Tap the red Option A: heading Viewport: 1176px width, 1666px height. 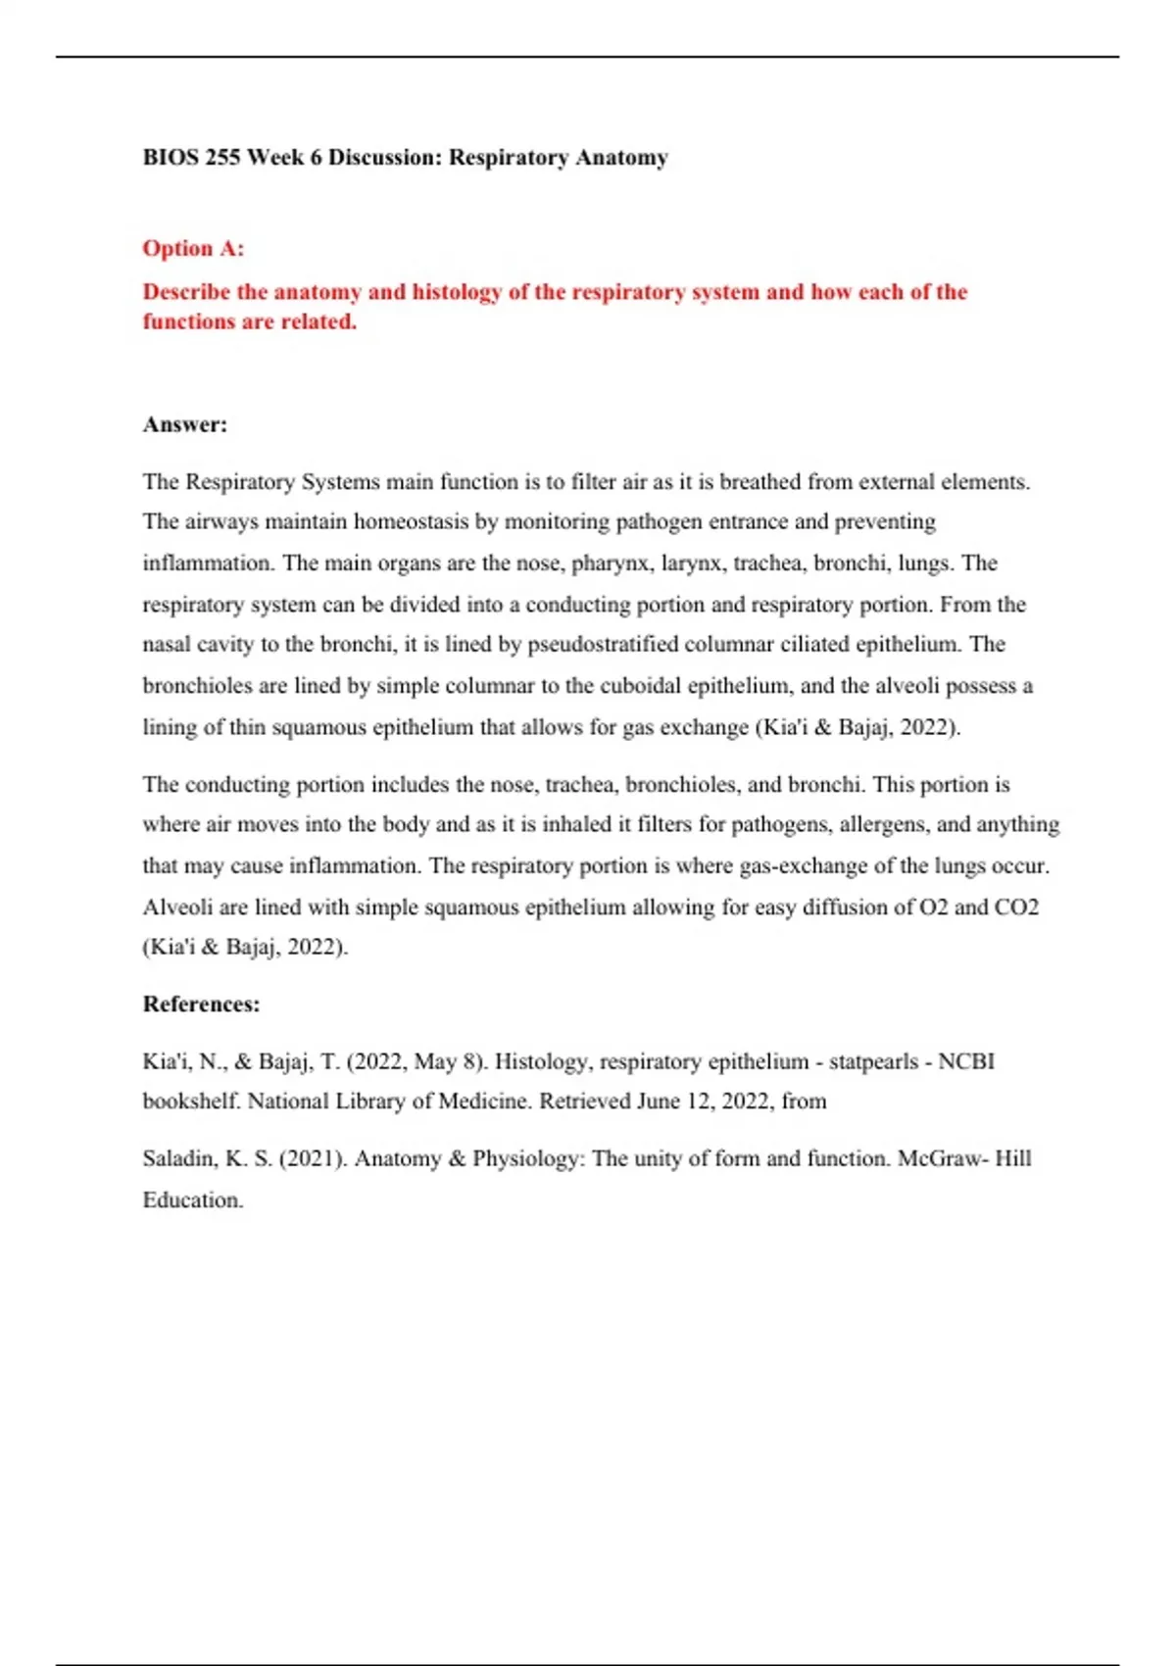click(193, 249)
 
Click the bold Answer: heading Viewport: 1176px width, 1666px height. click(185, 425)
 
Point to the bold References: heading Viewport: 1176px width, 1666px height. click(201, 1004)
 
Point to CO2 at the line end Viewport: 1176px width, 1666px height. click(1016, 907)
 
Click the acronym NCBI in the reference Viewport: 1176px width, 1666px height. click(966, 1062)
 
